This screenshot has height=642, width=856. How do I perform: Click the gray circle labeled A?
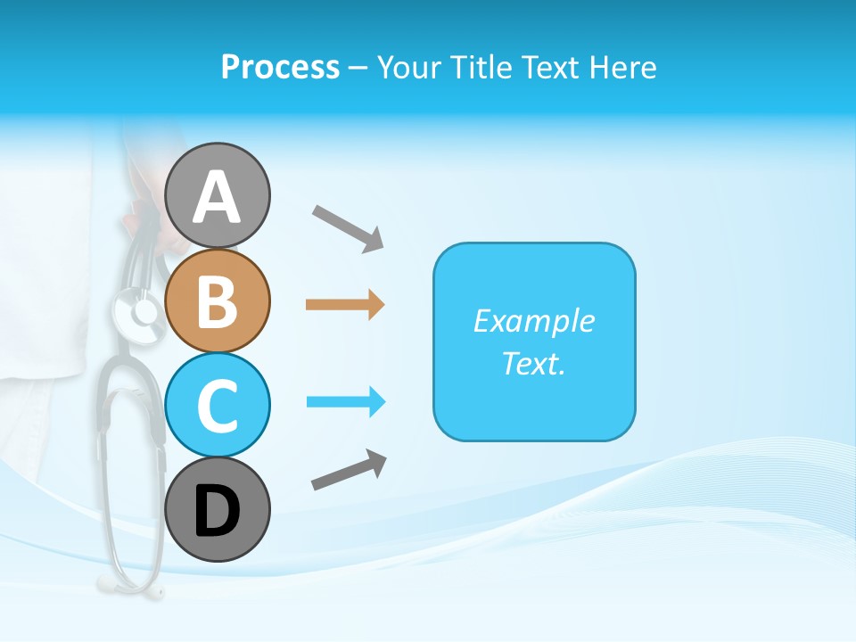[217, 195]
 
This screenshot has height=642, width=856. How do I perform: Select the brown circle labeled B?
[217, 300]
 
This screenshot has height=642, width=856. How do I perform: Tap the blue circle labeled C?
[217, 405]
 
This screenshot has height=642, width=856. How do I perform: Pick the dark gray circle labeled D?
[217, 509]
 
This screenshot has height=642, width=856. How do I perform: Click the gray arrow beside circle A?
[348, 226]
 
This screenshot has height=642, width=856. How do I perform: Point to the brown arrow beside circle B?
[345, 305]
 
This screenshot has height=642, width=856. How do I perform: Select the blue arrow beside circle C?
[346, 402]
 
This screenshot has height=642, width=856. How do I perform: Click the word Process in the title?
[280, 67]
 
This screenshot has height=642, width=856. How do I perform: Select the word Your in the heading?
[410, 67]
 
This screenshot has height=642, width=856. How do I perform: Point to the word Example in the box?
[533, 321]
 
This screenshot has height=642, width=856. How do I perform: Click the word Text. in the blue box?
[533, 363]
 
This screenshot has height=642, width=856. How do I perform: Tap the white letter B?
[217, 301]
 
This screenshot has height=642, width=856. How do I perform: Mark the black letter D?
[217, 511]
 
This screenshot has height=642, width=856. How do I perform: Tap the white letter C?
[217, 406]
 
